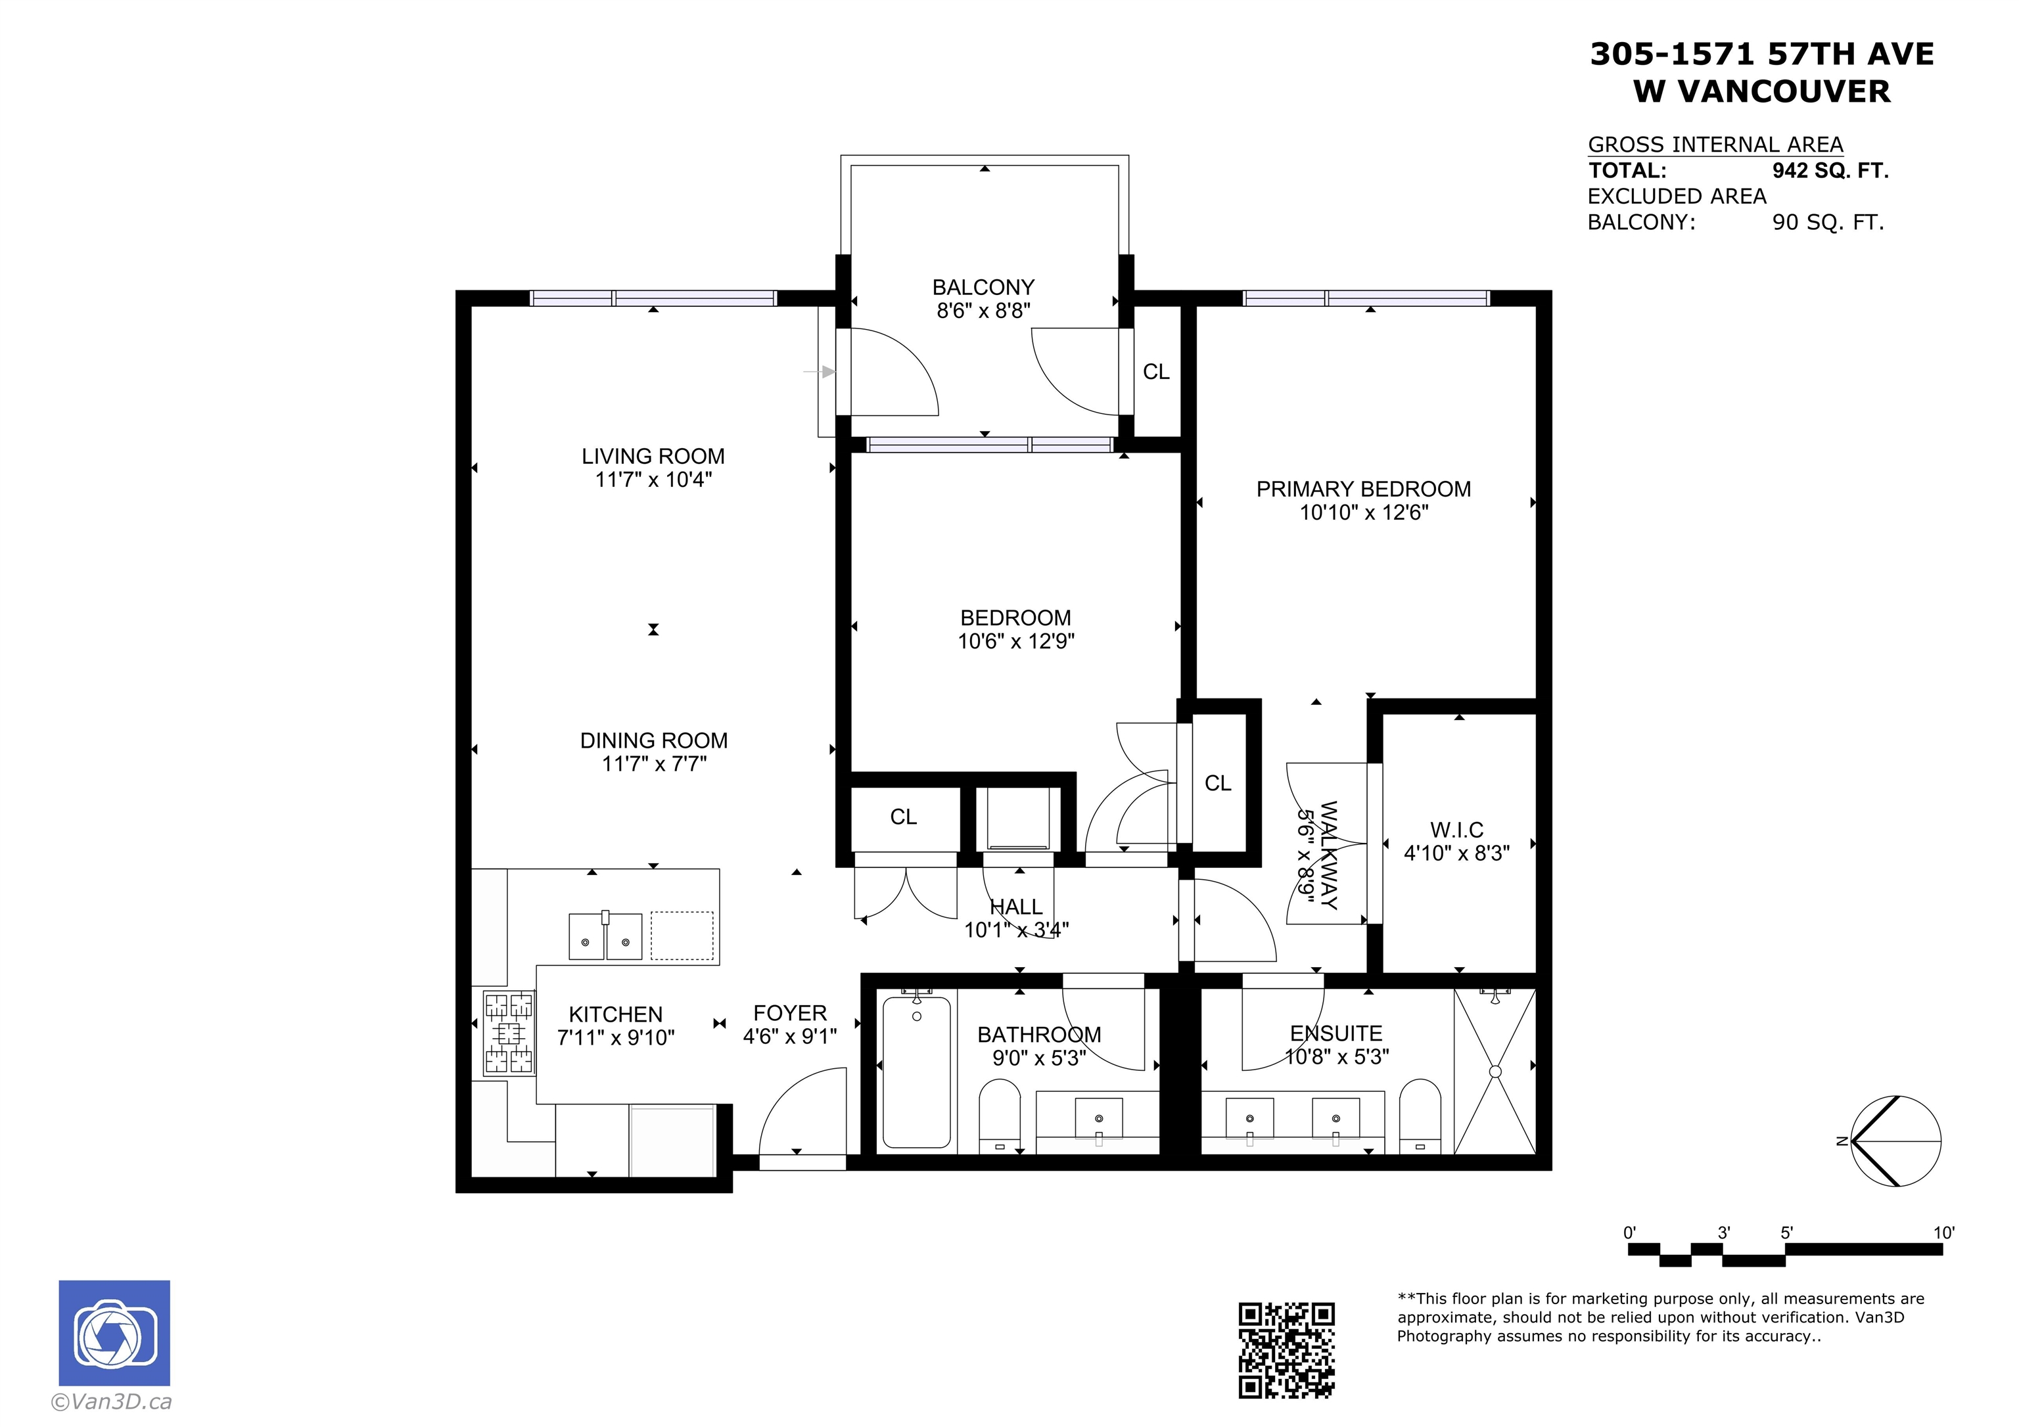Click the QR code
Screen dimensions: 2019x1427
click(1286, 1349)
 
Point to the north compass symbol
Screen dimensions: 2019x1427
click(1895, 1141)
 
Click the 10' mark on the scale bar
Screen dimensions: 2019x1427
click(1943, 1233)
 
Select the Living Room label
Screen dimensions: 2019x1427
click(653, 457)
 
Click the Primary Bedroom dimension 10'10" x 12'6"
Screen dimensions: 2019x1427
click(1364, 512)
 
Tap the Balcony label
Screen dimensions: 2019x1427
click(983, 288)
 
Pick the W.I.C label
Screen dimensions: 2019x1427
click(1456, 830)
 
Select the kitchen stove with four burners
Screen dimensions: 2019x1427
click(510, 1033)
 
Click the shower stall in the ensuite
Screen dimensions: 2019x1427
click(1495, 1071)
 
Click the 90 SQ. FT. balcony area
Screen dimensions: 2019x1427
click(1828, 223)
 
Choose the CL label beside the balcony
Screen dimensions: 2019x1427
click(1156, 372)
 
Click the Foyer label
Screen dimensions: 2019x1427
click(790, 1013)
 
